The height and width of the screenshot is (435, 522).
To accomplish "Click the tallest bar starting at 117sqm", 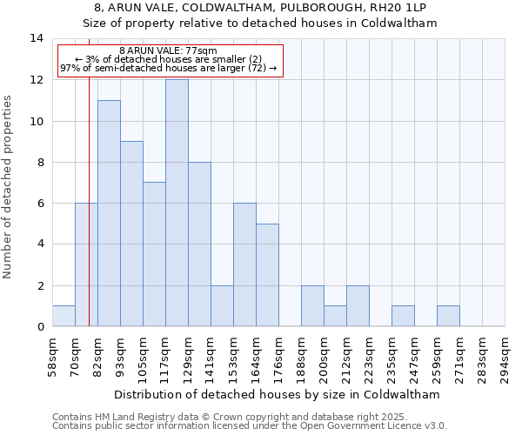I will click(x=177, y=203).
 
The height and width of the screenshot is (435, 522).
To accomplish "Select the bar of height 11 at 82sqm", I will click(x=109, y=213).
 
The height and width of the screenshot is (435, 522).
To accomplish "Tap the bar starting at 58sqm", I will click(x=64, y=316).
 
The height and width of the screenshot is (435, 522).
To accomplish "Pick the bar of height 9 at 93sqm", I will click(x=131, y=233).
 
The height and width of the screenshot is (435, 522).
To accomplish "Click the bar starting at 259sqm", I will click(x=448, y=316).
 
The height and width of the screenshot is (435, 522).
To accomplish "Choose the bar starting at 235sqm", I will click(x=403, y=316).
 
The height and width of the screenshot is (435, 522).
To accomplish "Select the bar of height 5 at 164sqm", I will click(x=267, y=275).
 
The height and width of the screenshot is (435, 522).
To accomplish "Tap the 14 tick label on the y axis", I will click(x=36, y=38).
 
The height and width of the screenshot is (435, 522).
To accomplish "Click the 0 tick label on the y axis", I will click(x=39, y=326).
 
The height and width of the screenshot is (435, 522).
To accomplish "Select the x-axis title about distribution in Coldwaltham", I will click(x=278, y=394).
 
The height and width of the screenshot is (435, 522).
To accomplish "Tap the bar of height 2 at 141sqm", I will click(x=222, y=305).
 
